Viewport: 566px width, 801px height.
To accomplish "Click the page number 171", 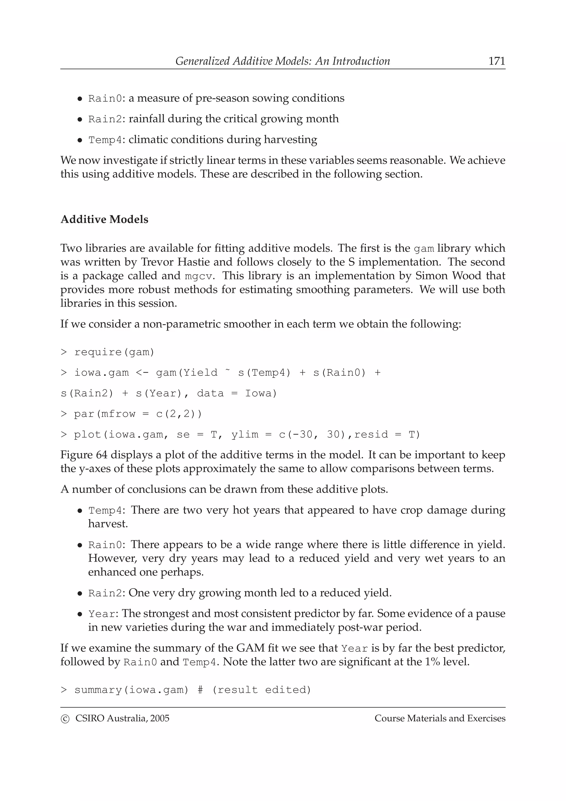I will point(497,61).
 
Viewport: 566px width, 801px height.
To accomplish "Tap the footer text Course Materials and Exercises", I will point(440,718).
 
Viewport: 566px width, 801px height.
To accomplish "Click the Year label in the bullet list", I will point(101,614).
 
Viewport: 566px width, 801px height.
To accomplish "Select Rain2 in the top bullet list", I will point(105,119).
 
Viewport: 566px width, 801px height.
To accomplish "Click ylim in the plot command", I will point(245,435).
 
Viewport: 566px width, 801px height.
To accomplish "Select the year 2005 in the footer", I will point(160,718).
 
